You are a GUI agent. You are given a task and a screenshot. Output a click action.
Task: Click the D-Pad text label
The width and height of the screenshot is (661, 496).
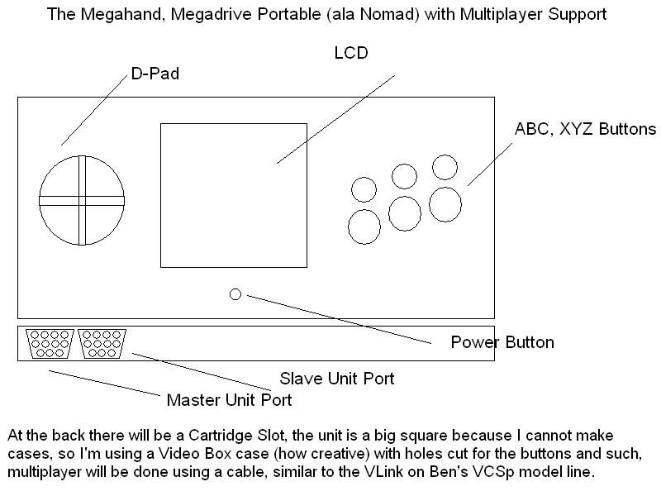[155, 74]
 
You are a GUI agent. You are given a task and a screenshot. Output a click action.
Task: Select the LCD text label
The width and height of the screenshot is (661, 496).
[350, 53]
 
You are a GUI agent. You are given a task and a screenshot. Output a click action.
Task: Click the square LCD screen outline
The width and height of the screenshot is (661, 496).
[233, 195]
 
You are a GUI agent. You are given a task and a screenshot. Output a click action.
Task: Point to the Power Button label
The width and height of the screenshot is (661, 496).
[502, 342]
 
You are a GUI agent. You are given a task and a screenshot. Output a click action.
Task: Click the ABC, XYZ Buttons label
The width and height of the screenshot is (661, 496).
[585, 130]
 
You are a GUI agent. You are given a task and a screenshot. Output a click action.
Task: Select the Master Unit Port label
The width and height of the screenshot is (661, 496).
[229, 401]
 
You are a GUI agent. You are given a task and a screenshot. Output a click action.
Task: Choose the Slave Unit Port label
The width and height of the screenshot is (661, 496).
[336, 379]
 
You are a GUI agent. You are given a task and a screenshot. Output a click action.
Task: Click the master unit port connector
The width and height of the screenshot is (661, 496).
[49, 344]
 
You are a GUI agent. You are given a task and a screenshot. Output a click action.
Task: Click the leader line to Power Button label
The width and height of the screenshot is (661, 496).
[339, 318]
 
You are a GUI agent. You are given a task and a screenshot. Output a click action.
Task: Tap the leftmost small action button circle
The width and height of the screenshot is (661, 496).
[364, 189]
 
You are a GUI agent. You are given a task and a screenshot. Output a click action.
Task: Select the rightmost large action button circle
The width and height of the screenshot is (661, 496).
[445, 204]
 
